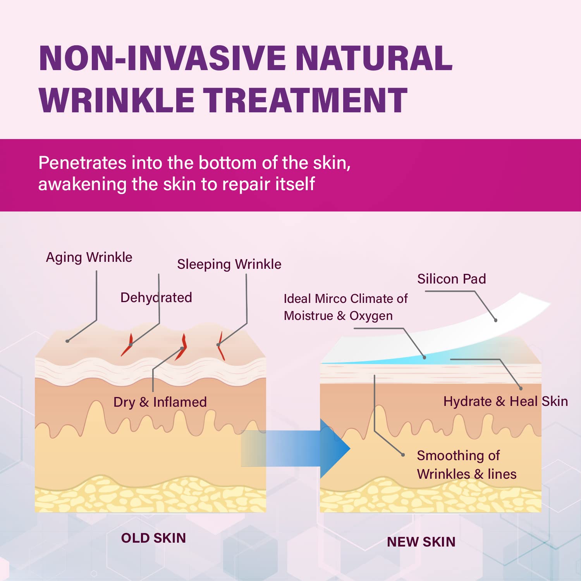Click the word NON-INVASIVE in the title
pos(162,58)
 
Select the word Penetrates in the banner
pos(83,163)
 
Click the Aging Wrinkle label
pos(89,258)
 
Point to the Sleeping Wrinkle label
pos(229,265)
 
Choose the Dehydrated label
pos(156,297)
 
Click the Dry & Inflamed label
pos(160,402)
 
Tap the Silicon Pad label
pos(452,279)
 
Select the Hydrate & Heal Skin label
pos(506,401)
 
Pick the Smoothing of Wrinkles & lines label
pos(467,465)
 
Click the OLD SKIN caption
pos(153,538)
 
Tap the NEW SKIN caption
pos(421,542)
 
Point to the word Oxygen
pos(371,316)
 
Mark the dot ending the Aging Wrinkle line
pos(67,341)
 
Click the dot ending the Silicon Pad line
pos(496,320)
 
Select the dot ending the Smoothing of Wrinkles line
pos(403,455)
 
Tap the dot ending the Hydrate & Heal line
pos(521,388)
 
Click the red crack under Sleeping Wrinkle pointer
pos(220,346)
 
